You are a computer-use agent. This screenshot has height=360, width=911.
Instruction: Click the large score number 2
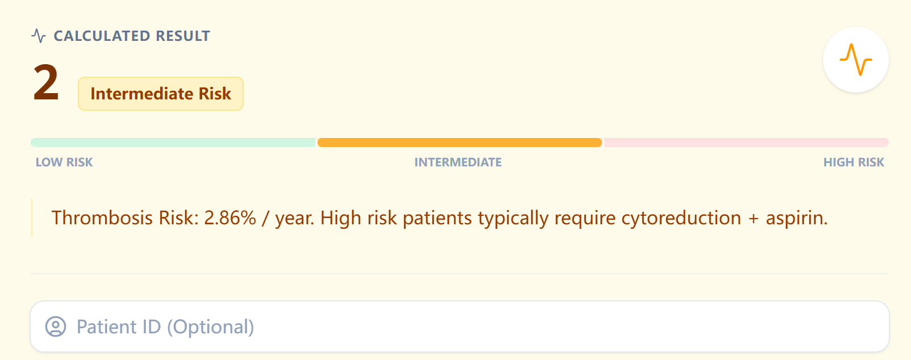pyautogui.click(x=46, y=83)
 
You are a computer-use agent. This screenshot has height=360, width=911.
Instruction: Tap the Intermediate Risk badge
pyautogui.click(x=161, y=94)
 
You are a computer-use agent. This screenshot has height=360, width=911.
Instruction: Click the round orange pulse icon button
pyautogui.click(x=855, y=60)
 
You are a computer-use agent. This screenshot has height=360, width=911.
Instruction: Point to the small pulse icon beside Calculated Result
pyautogui.click(x=39, y=36)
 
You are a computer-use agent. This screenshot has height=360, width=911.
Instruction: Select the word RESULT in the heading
pyautogui.click(x=183, y=36)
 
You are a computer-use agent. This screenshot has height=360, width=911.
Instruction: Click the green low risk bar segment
pyautogui.click(x=173, y=143)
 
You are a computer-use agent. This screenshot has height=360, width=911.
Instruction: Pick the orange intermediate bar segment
pyautogui.click(x=459, y=143)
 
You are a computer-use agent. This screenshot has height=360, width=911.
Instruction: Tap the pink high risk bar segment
pyautogui.click(x=746, y=143)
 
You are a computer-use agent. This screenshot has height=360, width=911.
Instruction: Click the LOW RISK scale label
pyautogui.click(x=64, y=162)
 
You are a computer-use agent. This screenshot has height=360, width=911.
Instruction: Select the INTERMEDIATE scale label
pyautogui.click(x=458, y=162)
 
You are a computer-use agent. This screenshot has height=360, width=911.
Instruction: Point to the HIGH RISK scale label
pyautogui.click(x=854, y=162)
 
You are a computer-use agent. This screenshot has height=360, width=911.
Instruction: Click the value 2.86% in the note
pyautogui.click(x=230, y=218)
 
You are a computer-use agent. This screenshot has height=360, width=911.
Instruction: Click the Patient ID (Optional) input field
pyautogui.click(x=459, y=326)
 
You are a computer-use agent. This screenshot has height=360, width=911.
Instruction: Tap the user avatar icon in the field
pyautogui.click(x=56, y=326)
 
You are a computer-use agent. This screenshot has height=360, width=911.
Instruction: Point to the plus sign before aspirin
pyautogui.click(x=754, y=219)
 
